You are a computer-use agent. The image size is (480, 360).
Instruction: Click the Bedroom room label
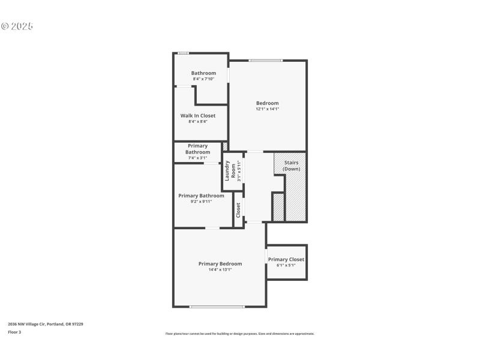[x=267, y=103]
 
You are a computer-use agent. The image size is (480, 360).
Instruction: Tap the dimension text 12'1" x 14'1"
[x=267, y=109]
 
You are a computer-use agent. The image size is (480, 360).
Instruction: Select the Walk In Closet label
[x=198, y=116]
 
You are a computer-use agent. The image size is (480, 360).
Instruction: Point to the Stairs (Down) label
[x=292, y=166]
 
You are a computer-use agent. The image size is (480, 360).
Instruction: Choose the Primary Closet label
[x=286, y=260]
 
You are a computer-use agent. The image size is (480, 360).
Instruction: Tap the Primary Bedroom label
[x=220, y=264]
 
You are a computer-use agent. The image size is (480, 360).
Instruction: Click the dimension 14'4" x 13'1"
[x=220, y=270]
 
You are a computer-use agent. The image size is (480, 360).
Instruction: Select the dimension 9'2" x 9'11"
[x=201, y=202]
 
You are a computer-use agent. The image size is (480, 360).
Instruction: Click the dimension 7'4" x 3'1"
[x=198, y=158]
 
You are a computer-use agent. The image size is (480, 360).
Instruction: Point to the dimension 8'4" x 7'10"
[x=203, y=79]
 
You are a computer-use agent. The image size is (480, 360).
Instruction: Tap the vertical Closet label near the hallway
[x=238, y=209]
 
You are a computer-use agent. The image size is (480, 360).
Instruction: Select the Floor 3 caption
[x=14, y=332]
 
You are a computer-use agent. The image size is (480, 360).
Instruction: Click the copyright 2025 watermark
[x=17, y=26]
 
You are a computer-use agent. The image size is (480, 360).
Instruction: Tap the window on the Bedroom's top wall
[x=266, y=60]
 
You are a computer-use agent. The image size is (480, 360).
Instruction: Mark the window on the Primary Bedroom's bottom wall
[x=217, y=307]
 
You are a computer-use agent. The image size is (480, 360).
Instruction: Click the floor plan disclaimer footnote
[x=239, y=334]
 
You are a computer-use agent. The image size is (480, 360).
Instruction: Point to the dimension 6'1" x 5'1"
[x=286, y=265]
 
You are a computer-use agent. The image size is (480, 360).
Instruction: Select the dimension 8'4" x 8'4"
[x=198, y=122]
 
